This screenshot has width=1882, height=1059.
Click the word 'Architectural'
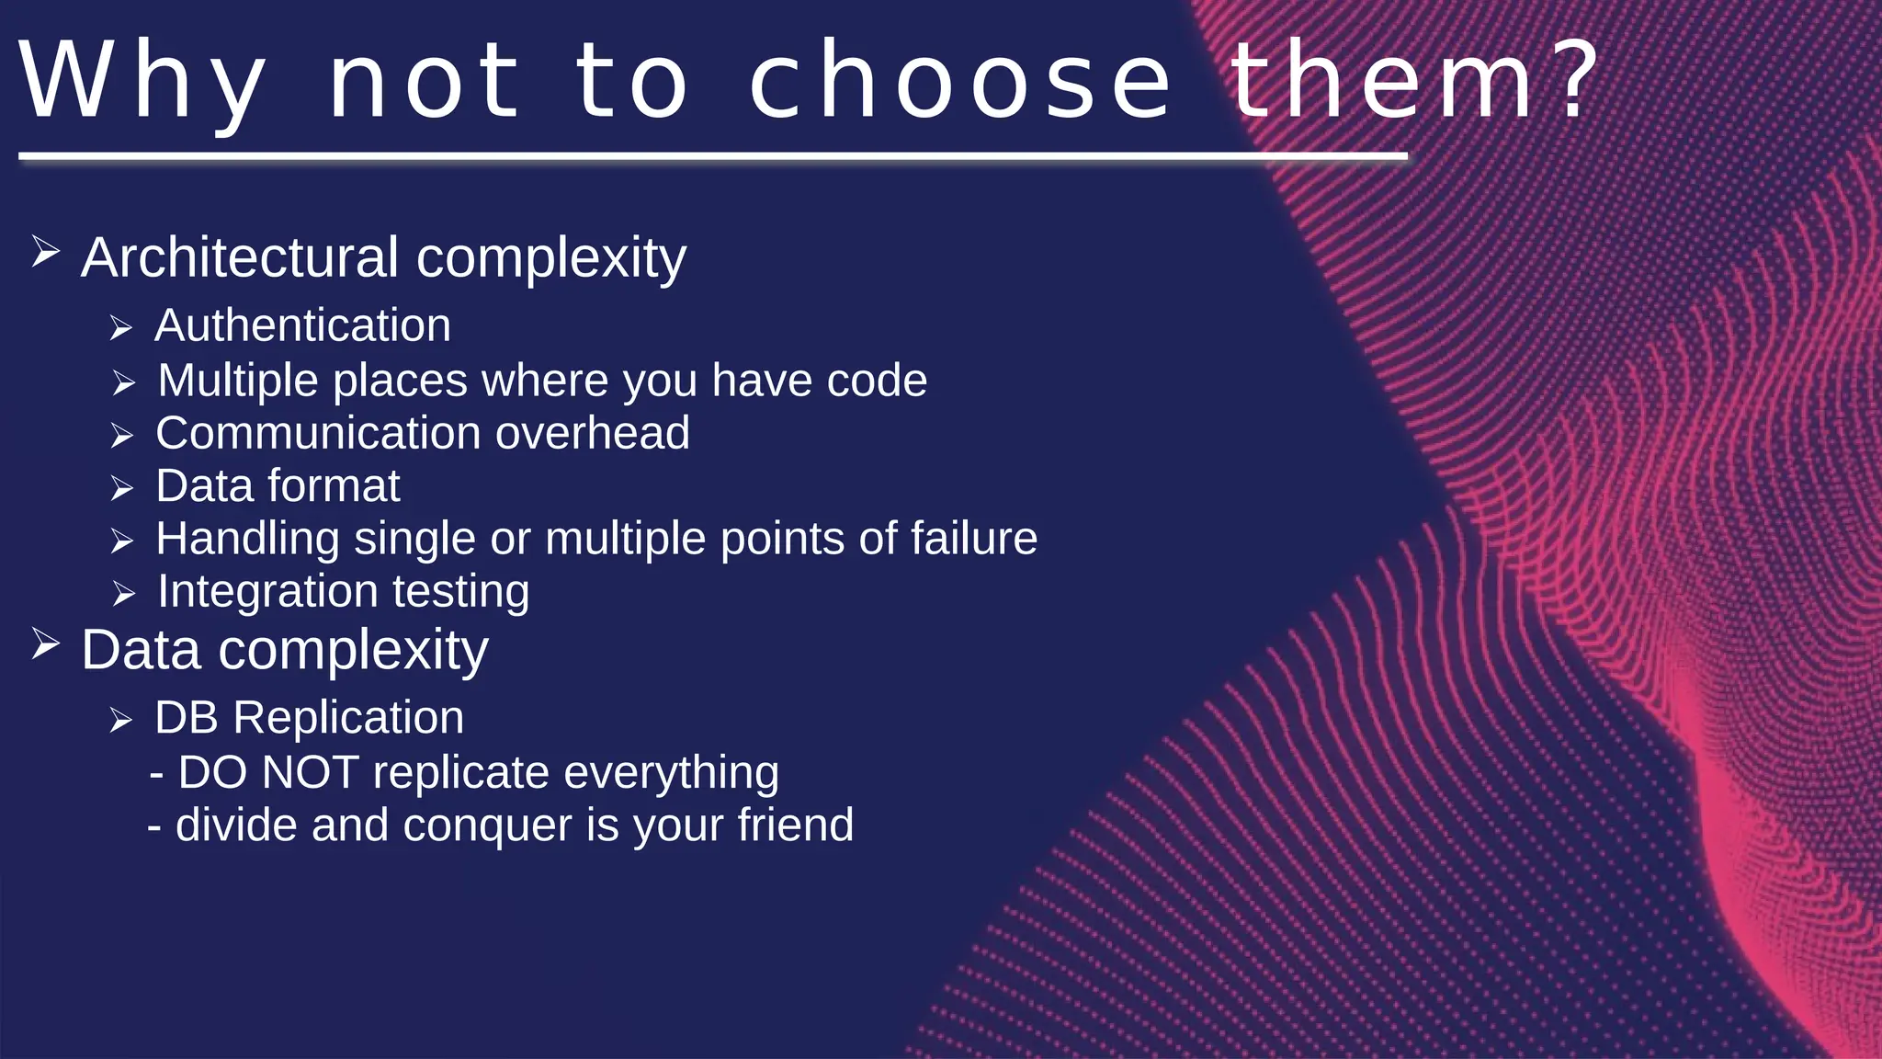pos(240,257)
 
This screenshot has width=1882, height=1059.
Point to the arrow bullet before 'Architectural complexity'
pos(45,251)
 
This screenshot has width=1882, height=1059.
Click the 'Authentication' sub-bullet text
pos(302,326)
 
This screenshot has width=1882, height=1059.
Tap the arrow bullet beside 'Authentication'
pos(121,328)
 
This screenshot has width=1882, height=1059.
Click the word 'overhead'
pos(593,433)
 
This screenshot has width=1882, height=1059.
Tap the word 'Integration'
pos(267,592)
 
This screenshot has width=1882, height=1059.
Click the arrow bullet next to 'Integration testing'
pos(124,595)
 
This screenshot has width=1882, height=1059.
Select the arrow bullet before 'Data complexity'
pos(45,643)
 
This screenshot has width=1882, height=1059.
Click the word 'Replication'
pos(348,718)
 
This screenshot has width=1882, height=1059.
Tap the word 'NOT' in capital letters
pos(310,772)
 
